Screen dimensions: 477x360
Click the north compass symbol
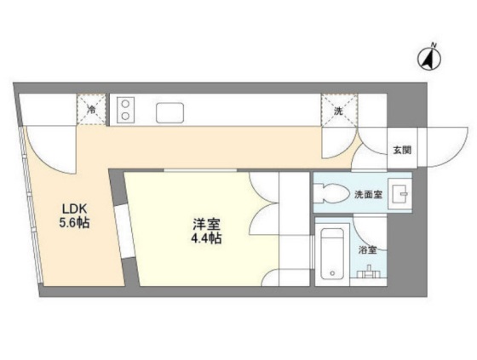click(429, 60)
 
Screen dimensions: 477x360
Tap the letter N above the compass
click(434, 46)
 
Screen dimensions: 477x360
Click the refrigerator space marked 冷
click(91, 110)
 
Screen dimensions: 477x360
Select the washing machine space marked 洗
click(339, 110)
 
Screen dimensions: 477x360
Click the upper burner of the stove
click(125, 105)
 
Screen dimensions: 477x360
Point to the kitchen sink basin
click(170, 113)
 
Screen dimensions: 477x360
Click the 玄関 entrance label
click(402, 150)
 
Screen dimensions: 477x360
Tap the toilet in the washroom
click(331, 193)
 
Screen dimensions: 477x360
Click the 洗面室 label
click(368, 194)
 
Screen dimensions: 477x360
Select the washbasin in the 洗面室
click(400, 194)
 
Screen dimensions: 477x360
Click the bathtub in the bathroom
click(332, 254)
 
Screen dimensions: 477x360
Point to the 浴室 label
click(367, 250)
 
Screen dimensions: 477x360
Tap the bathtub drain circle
click(332, 273)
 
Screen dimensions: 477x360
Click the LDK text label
click(75, 209)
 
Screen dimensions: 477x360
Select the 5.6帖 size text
click(74, 223)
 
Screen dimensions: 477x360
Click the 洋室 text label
click(206, 225)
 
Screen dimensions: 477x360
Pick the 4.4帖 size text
click(206, 238)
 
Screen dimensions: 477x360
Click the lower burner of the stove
click(125, 116)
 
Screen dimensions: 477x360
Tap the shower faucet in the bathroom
click(369, 272)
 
